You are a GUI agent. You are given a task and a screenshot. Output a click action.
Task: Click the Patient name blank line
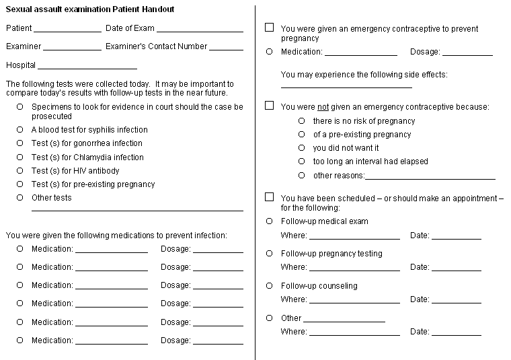tap(67, 30)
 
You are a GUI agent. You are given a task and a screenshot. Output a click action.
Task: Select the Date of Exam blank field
tap(200, 30)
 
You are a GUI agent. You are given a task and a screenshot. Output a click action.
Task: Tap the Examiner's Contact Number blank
tap(231, 48)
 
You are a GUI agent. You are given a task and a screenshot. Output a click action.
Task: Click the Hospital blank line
tap(87, 67)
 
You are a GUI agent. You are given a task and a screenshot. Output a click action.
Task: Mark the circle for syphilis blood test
tap(20, 129)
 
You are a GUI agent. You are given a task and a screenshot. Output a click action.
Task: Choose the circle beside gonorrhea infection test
tap(20, 143)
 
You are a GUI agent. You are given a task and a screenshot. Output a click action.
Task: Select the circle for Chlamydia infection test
tap(20, 157)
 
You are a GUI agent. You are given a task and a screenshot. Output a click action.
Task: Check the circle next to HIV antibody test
tap(20, 170)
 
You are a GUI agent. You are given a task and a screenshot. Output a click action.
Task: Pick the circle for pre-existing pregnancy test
tap(20, 184)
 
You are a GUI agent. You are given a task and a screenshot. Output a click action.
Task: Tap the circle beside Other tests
tap(20, 197)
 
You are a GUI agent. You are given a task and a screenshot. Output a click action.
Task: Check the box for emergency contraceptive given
tap(270, 28)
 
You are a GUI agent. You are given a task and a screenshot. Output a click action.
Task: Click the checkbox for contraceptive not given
tap(270, 106)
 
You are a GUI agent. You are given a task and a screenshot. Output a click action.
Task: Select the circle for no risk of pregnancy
tap(302, 121)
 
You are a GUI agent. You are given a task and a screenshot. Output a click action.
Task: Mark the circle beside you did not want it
tap(302, 148)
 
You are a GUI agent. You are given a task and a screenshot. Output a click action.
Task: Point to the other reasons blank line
tap(430, 177)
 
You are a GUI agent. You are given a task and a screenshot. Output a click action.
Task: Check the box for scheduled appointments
tap(270, 197)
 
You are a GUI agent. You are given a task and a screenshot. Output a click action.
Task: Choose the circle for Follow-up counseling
tap(270, 285)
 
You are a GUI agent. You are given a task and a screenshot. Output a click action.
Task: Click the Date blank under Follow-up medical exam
tap(456, 237)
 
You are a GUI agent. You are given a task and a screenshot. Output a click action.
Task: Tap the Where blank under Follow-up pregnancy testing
tap(354, 268)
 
